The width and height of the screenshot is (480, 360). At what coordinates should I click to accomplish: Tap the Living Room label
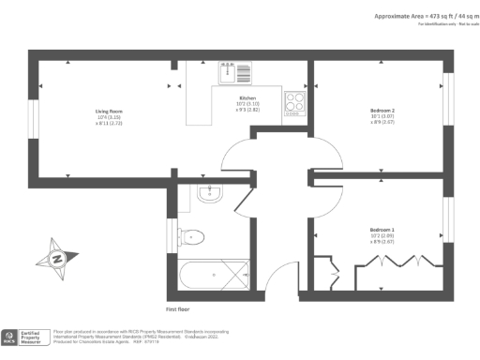tap(110, 117)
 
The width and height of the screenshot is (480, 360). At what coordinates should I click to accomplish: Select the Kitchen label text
tap(247, 104)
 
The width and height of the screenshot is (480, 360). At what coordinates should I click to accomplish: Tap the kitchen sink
tap(234, 72)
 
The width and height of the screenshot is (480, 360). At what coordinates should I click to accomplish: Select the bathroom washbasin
tap(209, 195)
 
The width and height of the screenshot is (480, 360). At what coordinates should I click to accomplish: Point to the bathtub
tap(215, 275)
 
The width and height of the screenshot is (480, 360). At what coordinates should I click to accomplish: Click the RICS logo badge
tap(11, 337)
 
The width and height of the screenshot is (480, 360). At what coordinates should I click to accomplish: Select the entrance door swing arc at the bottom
tap(277, 277)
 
